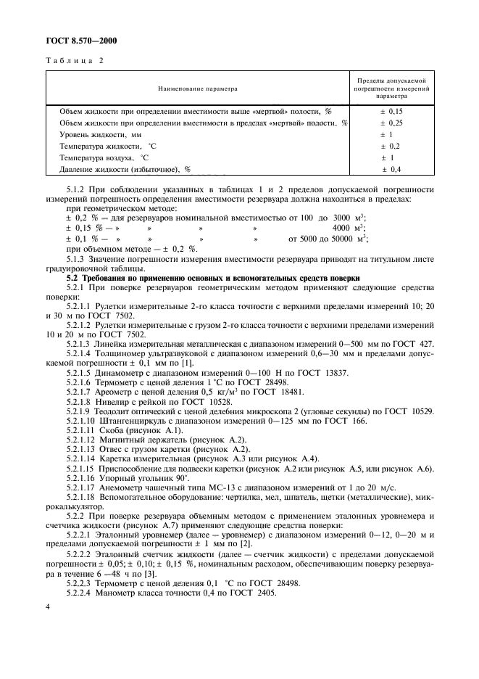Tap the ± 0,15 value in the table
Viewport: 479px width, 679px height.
coord(391,112)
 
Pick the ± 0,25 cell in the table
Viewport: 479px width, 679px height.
coord(391,123)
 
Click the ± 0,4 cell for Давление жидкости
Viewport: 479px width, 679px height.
coord(391,169)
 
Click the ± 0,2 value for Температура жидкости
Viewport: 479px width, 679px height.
coord(391,146)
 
